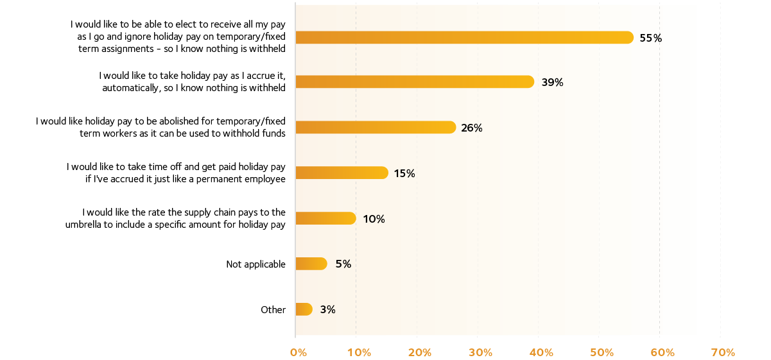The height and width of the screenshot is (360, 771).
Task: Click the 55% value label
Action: click(x=650, y=39)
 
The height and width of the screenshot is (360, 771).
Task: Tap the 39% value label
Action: click(x=552, y=82)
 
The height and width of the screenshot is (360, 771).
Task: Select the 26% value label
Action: click(x=471, y=128)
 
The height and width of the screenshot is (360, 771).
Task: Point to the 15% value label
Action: click(x=404, y=173)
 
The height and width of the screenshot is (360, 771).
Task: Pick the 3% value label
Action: click(x=327, y=309)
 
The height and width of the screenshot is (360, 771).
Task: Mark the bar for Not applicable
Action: click(x=311, y=264)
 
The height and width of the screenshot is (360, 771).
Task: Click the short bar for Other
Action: click(x=304, y=309)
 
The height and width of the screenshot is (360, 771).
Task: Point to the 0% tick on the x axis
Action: click(x=299, y=352)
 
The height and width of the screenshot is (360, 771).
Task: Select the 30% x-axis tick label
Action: click(x=480, y=352)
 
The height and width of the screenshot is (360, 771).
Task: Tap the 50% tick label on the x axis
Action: click(x=602, y=352)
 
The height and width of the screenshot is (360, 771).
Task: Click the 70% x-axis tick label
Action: click(x=723, y=352)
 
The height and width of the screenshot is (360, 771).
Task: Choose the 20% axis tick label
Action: click(x=419, y=352)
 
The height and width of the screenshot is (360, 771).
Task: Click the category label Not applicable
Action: click(x=256, y=264)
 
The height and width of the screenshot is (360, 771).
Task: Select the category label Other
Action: click(x=273, y=310)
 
